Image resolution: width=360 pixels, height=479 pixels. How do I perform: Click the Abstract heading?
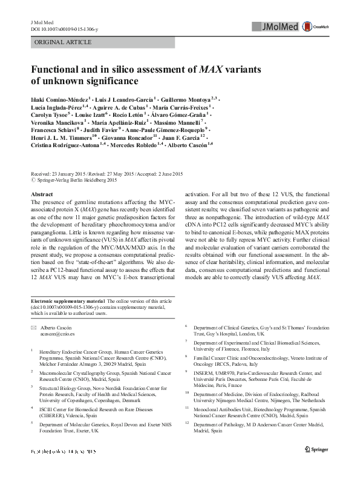pyautogui.click(x=42, y=193)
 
